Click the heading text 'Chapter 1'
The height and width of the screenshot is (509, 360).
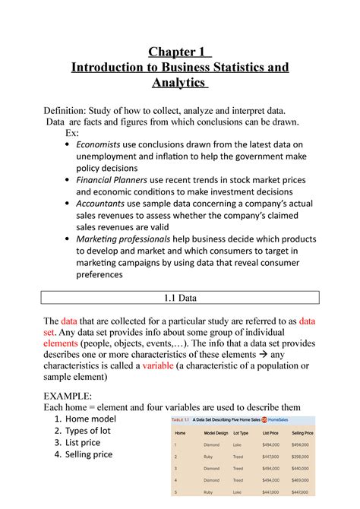[x=179, y=51]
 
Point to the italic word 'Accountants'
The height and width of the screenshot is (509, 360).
[x=111, y=203]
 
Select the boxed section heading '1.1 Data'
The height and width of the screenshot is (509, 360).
[x=180, y=299]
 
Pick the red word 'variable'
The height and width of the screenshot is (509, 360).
[x=165, y=366]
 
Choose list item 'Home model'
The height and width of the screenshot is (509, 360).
[x=90, y=419]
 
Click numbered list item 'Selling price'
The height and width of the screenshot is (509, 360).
[x=89, y=454]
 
